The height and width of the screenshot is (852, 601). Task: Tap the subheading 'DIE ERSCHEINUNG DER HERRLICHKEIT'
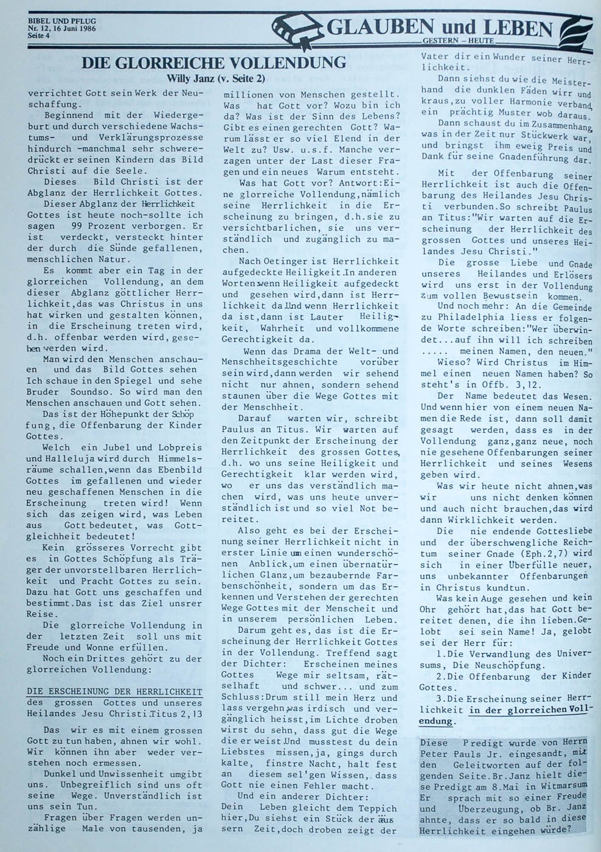pos(114,691)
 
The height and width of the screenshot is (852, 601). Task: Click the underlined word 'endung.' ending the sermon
pos(436,721)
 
